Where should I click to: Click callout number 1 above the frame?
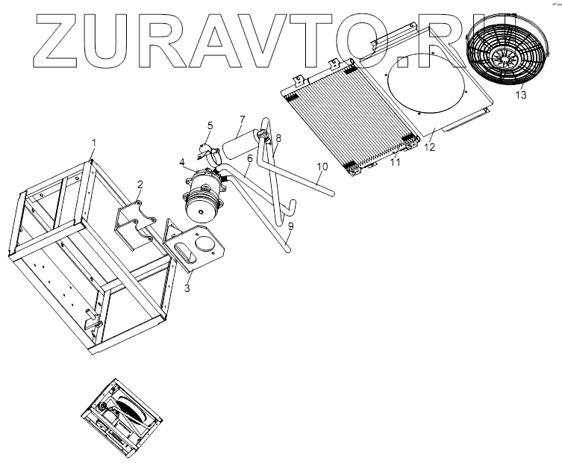(x=94, y=143)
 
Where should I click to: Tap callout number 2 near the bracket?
(x=139, y=184)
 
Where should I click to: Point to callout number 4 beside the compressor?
(x=181, y=162)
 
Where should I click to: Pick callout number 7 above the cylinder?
(x=242, y=119)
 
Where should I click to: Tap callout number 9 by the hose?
(x=291, y=226)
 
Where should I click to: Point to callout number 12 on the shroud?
(x=428, y=148)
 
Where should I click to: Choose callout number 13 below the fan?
(x=520, y=95)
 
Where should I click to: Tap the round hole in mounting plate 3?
(x=204, y=243)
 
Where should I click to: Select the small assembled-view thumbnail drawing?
(x=122, y=415)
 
